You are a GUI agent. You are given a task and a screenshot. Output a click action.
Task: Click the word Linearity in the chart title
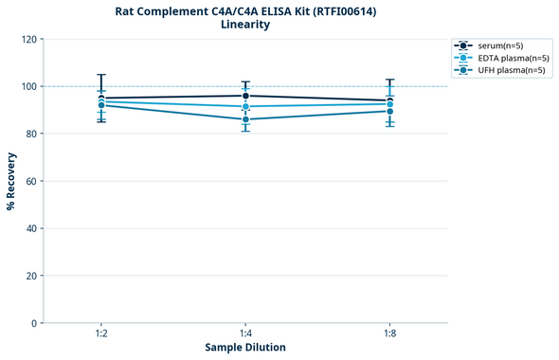point(245,25)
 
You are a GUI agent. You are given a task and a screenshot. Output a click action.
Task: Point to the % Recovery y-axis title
point(11,180)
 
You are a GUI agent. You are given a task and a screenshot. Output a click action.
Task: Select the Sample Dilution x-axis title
point(245,348)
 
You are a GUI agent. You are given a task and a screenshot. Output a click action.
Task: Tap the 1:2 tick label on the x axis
point(101,333)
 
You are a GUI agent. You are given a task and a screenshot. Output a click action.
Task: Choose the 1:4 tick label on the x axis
point(245,333)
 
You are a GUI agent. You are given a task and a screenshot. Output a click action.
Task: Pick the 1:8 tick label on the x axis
point(389,333)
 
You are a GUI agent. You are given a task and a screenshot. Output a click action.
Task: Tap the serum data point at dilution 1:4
point(245,96)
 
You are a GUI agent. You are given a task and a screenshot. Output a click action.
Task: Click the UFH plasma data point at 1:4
point(245,119)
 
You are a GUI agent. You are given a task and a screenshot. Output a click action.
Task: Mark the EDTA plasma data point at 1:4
point(245,107)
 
